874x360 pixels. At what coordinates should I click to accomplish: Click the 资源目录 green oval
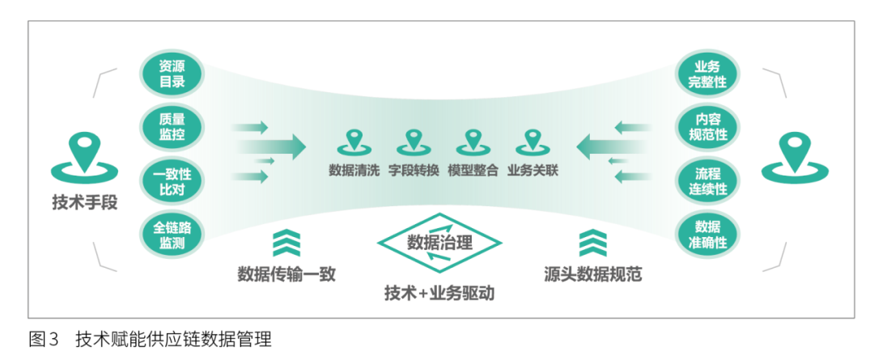(172, 74)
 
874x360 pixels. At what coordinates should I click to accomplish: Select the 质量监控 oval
(172, 126)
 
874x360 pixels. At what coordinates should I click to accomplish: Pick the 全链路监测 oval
(172, 233)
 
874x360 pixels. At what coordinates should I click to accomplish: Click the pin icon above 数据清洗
(352, 143)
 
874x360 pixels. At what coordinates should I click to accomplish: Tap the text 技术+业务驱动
(439, 294)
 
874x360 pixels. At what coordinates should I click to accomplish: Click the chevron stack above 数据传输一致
(286, 243)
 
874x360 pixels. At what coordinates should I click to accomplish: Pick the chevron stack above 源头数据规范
(593, 243)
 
